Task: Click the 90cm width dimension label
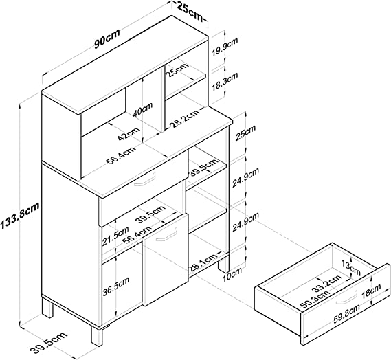tap(107, 38)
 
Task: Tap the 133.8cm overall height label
tap(20, 216)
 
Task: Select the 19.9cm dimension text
tap(225, 47)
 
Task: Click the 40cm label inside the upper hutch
tap(142, 109)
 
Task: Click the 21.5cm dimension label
tap(115, 236)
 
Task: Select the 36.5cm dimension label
tap(116, 286)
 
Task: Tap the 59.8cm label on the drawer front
tap(346, 313)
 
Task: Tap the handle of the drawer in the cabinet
tap(145, 179)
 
